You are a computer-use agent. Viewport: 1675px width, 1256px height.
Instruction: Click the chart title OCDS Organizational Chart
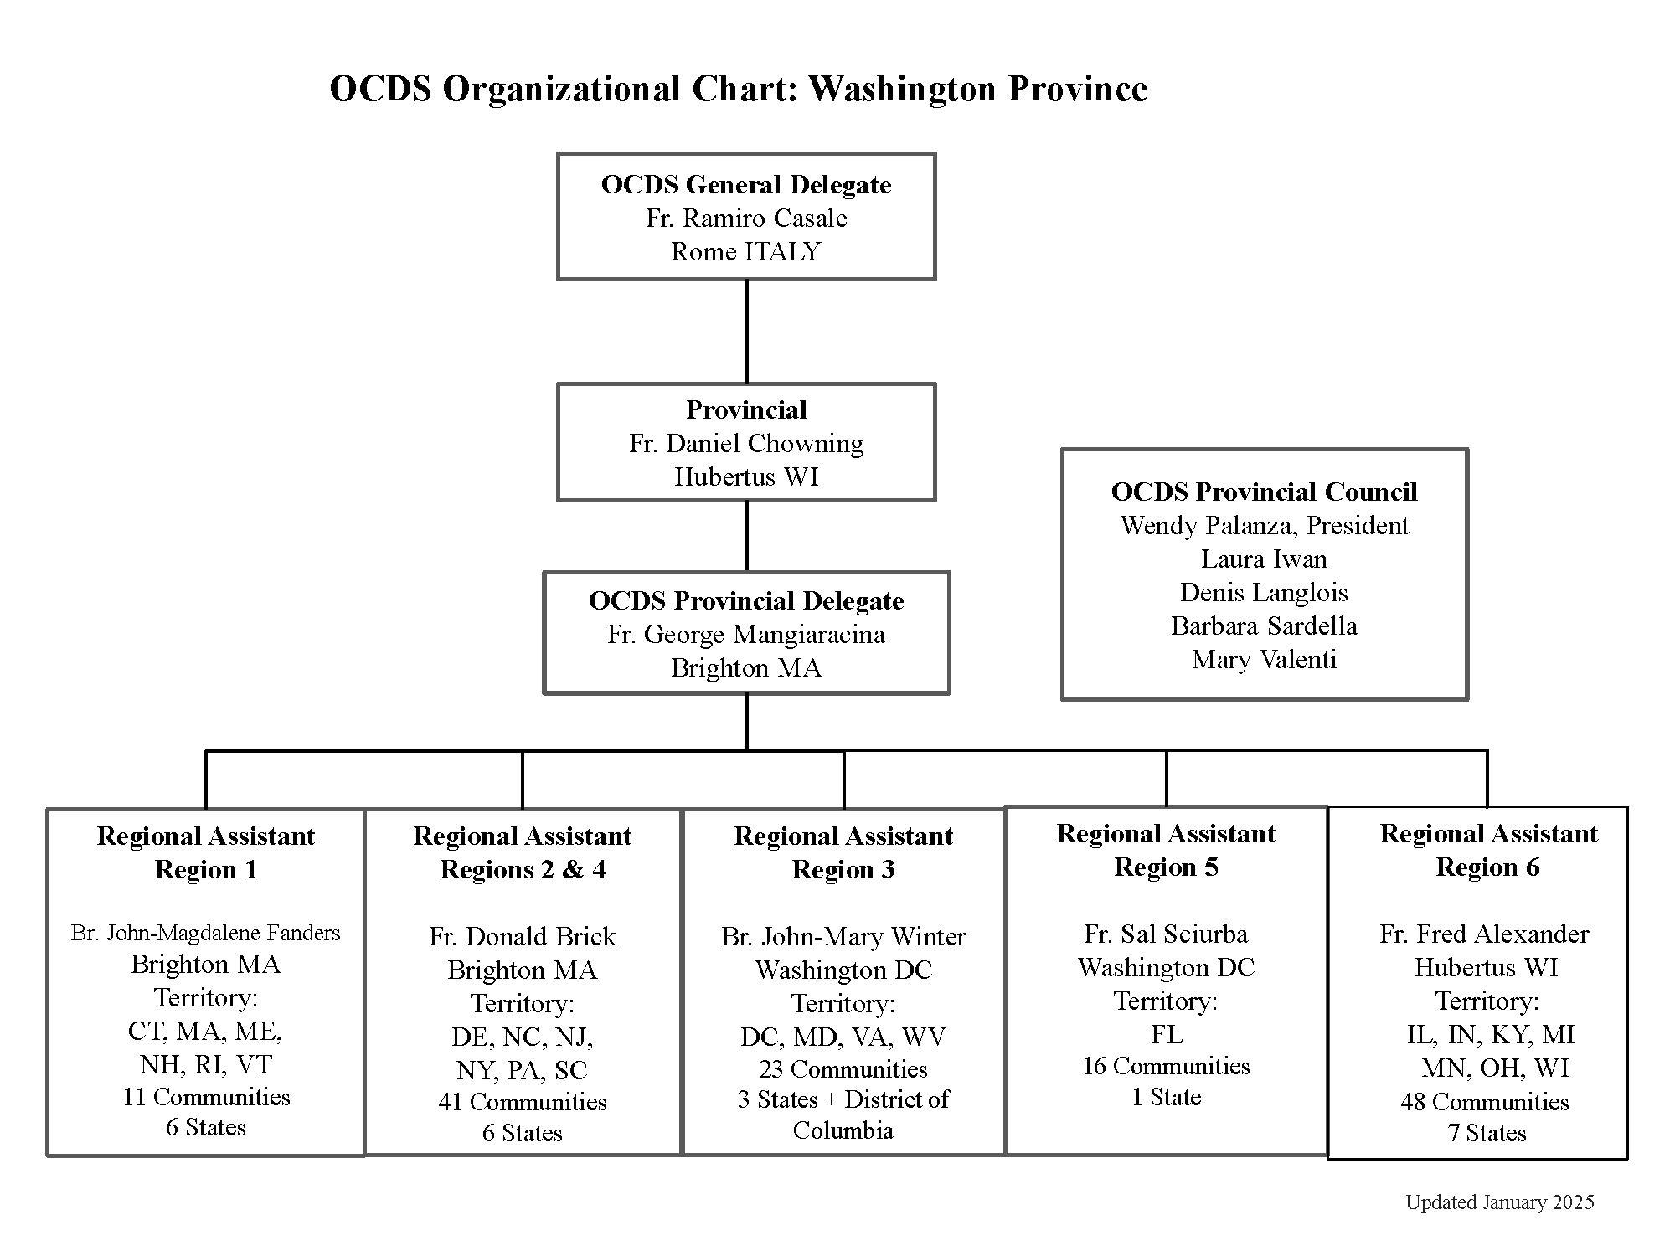(738, 89)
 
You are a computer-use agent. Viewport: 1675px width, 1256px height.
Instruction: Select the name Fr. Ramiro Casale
(746, 219)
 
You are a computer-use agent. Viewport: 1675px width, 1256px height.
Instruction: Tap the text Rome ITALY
(746, 252)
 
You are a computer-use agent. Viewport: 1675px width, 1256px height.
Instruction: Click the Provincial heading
(746, 409)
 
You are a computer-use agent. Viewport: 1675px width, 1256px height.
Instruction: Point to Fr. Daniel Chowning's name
(746, 443)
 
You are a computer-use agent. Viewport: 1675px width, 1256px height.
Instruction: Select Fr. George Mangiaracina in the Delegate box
(746, 635)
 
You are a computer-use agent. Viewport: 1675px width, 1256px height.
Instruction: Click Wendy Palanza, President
(1264, 526)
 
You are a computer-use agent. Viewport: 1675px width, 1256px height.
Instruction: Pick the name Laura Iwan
(1264, 559)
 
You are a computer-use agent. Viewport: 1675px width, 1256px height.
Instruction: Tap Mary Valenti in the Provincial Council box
(1264, 660)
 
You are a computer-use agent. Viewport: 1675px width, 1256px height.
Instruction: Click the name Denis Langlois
(1264, 593)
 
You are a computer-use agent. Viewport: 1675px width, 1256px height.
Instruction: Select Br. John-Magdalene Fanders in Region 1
(206, 933)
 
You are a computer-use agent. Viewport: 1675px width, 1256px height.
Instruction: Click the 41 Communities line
(523, 1102)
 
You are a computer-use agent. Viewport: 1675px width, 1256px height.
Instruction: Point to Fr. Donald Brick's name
(523, 936)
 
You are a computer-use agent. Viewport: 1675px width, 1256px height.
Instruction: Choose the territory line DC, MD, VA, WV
(843, 1037)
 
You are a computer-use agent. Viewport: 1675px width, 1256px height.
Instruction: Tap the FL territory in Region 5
(1167, 1035)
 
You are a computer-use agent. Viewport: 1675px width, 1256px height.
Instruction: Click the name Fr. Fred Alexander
(1484, 934)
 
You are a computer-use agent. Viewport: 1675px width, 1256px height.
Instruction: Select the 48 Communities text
(1484, 1102)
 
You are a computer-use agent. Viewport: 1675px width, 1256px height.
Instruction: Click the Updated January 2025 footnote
(1499, 1202)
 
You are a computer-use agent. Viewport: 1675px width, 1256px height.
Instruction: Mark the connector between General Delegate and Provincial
(746, 332)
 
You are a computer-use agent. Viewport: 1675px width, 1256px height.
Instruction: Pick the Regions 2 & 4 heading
(523, 870)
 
